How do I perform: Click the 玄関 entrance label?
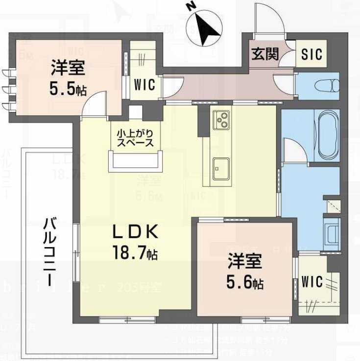265,53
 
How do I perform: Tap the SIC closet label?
312,53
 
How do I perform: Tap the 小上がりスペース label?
135,138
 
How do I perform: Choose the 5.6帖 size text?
245,283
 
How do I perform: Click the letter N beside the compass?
192,7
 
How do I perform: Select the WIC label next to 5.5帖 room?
145,84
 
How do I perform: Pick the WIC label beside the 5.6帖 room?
312,282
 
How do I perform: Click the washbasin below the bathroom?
333,235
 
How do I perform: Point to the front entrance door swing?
267,20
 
